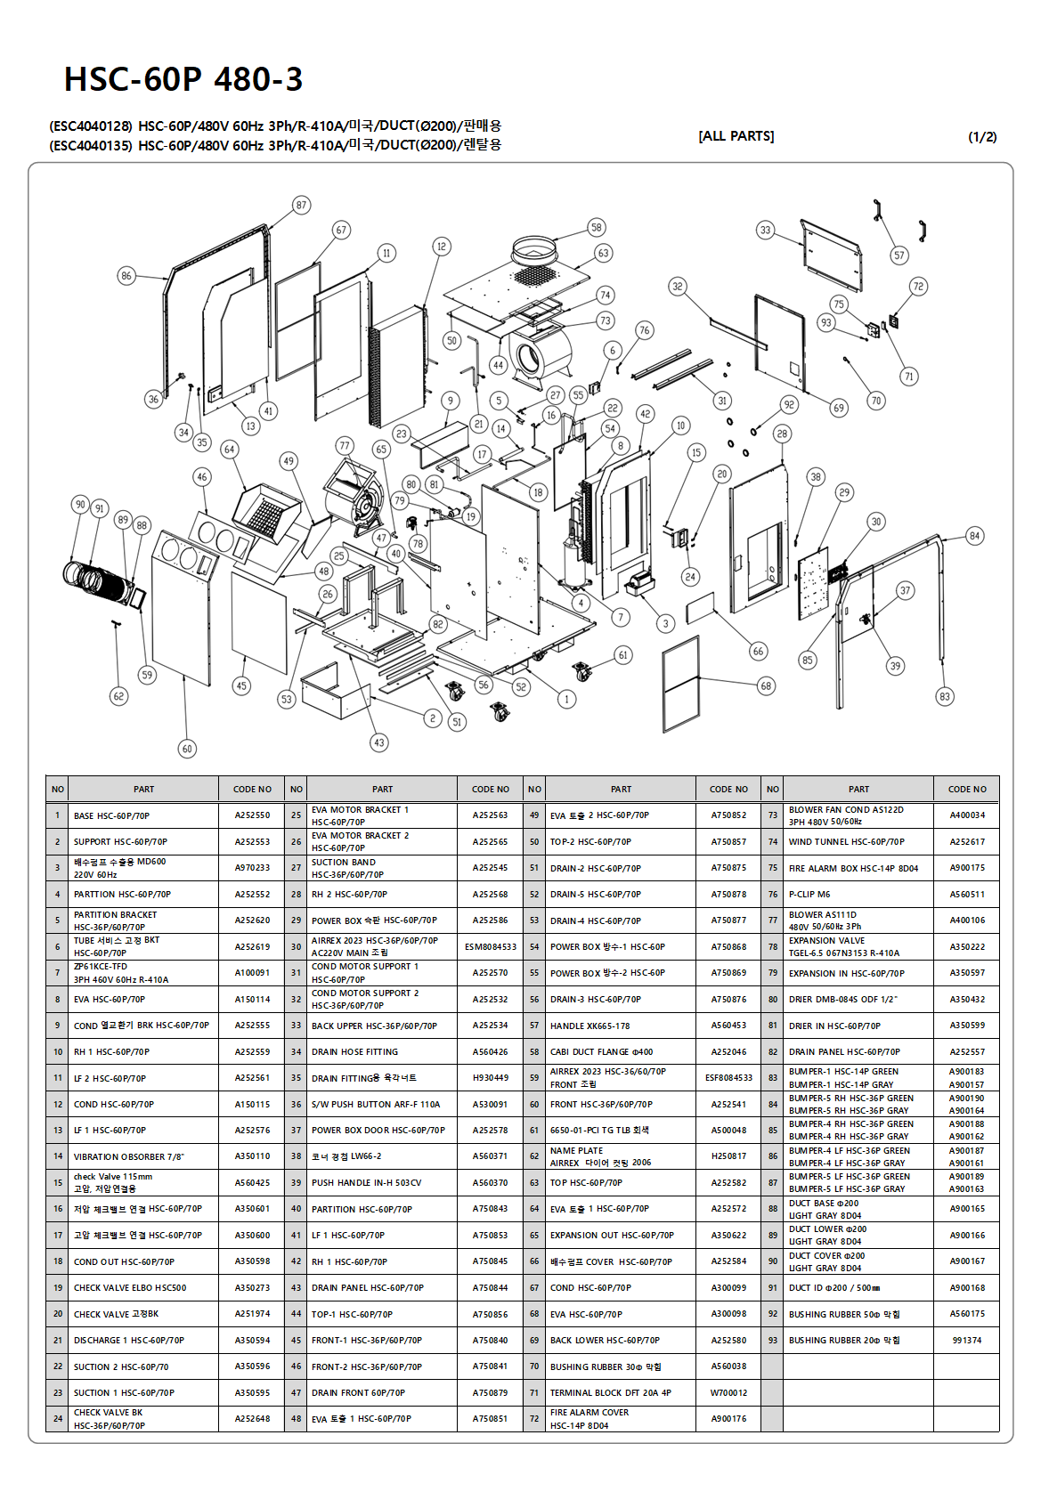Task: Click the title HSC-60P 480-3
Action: [x=183, y=79]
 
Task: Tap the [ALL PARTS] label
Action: [x=736, y=136]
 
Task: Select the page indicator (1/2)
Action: [x=982, y=137]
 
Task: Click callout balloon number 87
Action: [x=301, y=205]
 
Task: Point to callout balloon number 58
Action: [x=597, y=227]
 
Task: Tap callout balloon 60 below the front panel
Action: [x=187, y=749]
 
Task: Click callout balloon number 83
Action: [x=945, y=696]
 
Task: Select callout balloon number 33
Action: [x=766, y=230]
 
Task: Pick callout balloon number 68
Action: [x=766, y=685]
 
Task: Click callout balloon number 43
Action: [x=379, y=742]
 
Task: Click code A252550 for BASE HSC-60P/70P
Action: [x=252, y=815]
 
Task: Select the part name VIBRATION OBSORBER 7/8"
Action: [x=129, y=1156]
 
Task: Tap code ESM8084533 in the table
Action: [x=491, y=947]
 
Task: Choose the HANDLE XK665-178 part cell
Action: [x=590, y=1026]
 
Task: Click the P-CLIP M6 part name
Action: [x=809, y=895]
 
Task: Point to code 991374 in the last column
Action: [x=967, y=1341]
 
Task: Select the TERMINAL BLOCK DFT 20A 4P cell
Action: [x=611, y=1393]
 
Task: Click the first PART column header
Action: [x=143, y=790]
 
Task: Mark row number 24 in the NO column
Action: [x=58, y=1419]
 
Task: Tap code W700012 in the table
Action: [x=728, y=1393]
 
